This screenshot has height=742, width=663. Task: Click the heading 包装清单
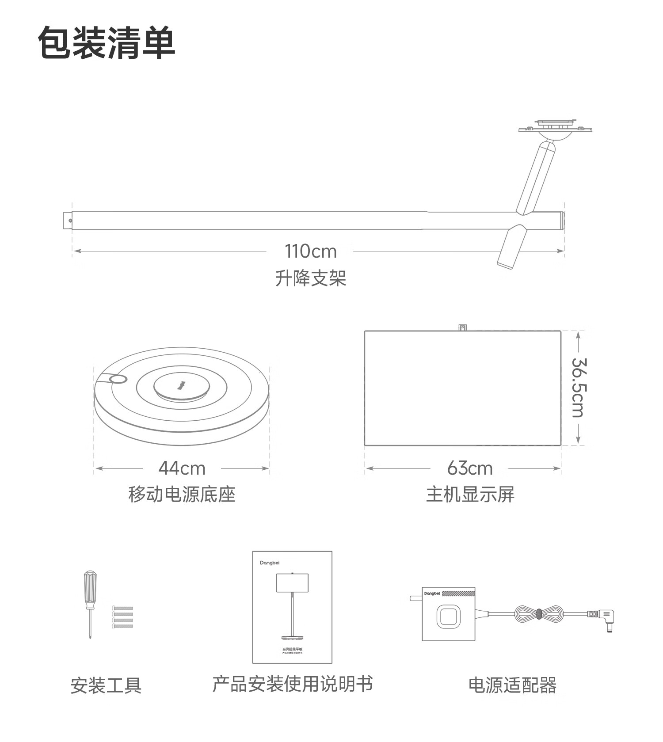pyautogui.click(x=107, y=42)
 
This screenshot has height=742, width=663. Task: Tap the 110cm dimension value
pyautogui.click(x=310, y=251)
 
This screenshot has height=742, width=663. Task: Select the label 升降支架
pyautogui.click(x=310, y=278)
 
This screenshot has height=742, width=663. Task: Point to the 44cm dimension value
pyautogui.click(x=182, y=468)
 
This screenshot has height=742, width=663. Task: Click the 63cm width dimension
pyautogui.click(x=469, y=468)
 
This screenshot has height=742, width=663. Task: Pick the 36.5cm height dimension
pyautogui.click(x=579, y=388)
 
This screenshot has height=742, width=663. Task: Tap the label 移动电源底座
pyautogui.click(x=182, y=494)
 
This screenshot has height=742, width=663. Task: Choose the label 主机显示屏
pyautogui.click(x=470, y=494)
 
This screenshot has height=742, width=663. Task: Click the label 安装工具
pyautogui.click(x=106, y=685)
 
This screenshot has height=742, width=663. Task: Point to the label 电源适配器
pyautogui.click(x=512, y=685)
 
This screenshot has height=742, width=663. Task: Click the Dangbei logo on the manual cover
pyautogui.click(x=270, y=563)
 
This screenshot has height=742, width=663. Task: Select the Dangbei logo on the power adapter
pyautogui.click(x=432, y=594)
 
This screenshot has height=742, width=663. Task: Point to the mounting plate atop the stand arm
pyautogui.click(x=555, y=128)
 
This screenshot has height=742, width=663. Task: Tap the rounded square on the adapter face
pyautogui.click(x=448, y=616)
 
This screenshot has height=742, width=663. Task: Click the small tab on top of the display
pyautogui.click(x=463, y=327)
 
